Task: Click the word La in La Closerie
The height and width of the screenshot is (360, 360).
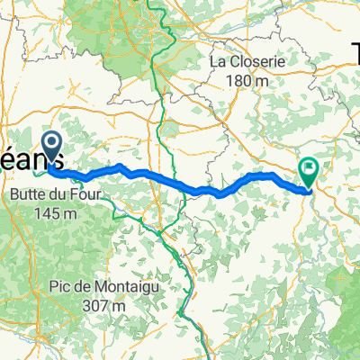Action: click(219, 62)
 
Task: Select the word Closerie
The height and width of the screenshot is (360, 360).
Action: click(253, 62)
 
